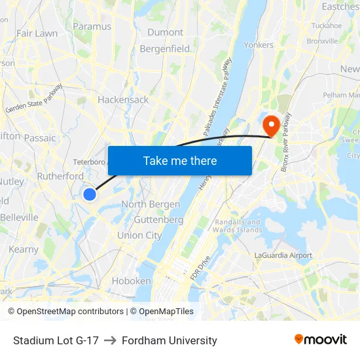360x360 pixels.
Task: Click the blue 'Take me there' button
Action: click(180, 160)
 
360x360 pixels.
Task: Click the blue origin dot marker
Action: click(90, 194)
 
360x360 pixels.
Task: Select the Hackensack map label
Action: click(123, 99)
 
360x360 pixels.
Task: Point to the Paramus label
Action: click(92, 26)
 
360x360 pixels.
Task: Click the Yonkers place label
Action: click(259, 45)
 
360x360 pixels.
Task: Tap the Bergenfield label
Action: click(165, 48)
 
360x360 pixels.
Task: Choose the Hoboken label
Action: click(132, 281)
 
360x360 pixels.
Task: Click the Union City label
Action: click(139, 235)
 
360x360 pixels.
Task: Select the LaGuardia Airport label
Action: click(283, 255)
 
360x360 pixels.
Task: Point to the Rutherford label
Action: click(60, 176)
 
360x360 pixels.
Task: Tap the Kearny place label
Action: click(24, 249)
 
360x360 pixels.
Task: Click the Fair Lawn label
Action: click(37, 33)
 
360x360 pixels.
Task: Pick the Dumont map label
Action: click(165, 32)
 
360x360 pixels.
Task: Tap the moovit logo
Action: click(320, 339)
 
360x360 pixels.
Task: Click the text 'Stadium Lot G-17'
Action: click(56, 340)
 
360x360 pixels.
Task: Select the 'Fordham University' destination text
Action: click(169, 340)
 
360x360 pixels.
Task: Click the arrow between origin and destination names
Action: click(109, 340)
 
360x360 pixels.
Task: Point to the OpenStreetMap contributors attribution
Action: click(66, 312)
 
